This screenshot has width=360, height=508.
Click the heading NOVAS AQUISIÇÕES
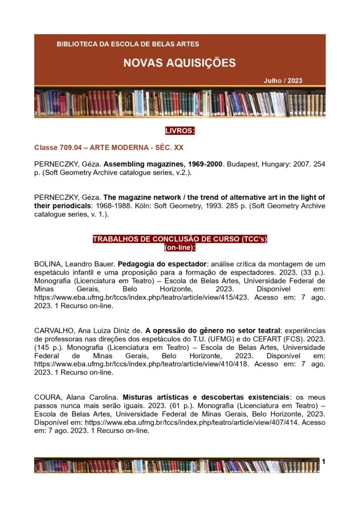[179, 63]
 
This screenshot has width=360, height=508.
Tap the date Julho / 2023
[283, 81]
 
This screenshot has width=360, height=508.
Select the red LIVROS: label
[180, 131]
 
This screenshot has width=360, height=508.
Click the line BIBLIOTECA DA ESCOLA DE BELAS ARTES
[128, 44]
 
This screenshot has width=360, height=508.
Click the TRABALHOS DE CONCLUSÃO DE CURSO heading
[180, 239]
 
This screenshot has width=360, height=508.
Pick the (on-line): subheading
[180, 247]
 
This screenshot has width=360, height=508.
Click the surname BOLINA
[48, 263]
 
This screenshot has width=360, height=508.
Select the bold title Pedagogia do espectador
[162, 263]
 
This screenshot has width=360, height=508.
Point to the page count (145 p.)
[45, 348]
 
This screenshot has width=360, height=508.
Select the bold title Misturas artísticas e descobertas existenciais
[206, 397]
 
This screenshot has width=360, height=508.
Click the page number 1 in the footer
[323, 462]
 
